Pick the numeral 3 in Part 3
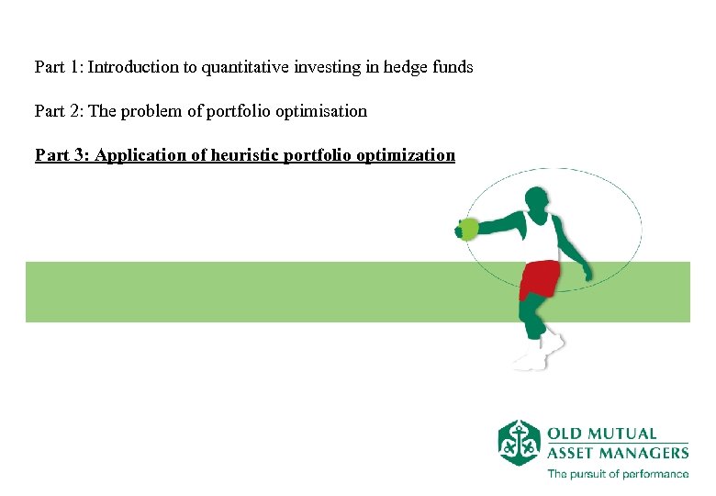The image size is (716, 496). [78, 155]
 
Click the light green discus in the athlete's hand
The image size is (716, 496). [468, 228]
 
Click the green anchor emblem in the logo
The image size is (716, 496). [519, 443]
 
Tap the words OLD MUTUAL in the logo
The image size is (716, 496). [602, 434]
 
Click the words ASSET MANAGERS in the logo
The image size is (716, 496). [617, 452]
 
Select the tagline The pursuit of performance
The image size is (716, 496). [617, 474]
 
